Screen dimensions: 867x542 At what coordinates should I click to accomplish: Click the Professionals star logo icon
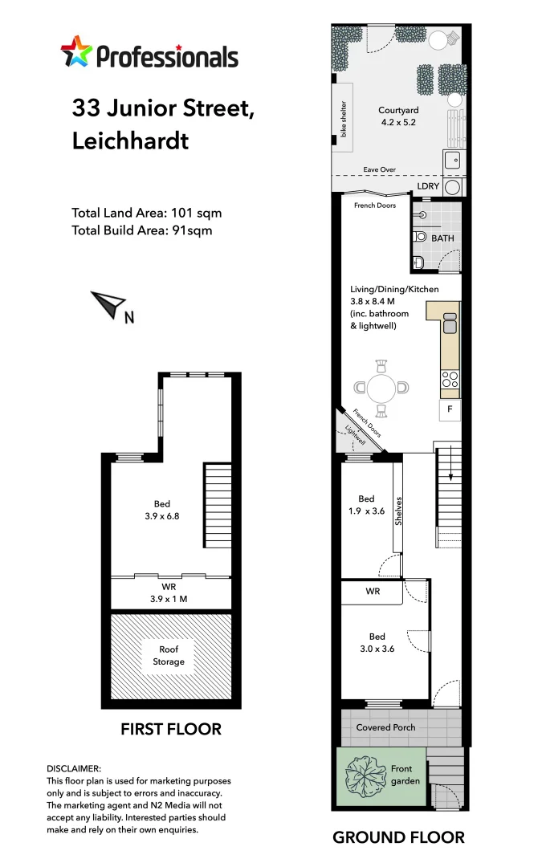point(76,54)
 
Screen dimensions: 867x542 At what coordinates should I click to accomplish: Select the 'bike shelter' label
point(344,117)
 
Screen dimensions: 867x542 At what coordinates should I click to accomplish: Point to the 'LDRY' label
point(428,186)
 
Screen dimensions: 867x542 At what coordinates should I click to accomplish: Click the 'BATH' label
point(442,238)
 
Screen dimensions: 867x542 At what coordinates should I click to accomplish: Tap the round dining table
point(381,389)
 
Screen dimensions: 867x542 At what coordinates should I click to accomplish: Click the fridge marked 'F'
point(450,410)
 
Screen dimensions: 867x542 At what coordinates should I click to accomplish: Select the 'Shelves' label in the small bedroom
point(398,511)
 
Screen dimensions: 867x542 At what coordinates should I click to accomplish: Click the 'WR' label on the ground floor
point(373,592)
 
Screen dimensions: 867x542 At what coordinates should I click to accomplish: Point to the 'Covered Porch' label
point(386,727)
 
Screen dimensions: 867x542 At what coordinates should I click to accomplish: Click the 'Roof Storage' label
point(169,655)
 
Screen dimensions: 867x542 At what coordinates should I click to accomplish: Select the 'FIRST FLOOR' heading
point(170,730)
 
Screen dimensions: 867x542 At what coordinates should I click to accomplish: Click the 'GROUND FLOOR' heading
point(398,837)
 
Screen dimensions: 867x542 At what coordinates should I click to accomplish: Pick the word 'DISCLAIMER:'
point(74,768)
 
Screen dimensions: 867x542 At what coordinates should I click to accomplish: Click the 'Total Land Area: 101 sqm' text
point(146,214)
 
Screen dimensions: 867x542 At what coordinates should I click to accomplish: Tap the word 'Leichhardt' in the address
point(130,141)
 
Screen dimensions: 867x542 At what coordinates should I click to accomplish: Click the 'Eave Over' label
point(379,170)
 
